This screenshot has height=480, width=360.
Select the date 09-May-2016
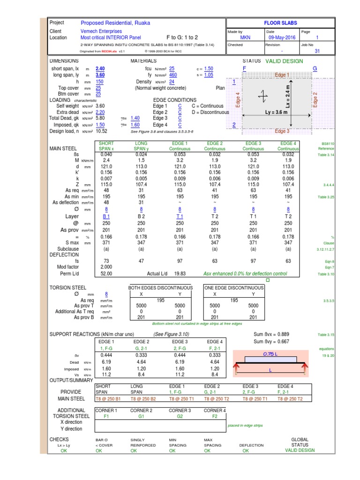tap(282, 37)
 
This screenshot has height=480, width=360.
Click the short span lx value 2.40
tap(100, 68)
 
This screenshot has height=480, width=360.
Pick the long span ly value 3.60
tap(100, 75)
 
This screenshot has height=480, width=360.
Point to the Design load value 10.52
tap(102, 131)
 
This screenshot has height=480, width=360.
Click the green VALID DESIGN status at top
tap(284, 61)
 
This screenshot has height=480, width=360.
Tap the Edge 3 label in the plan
tap(282, 131)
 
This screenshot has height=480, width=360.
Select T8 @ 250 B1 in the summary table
tap(108, 398)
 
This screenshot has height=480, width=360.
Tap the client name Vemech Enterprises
tap(101, 31)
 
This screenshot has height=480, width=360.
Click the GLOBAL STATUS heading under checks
tap(300, 442)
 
